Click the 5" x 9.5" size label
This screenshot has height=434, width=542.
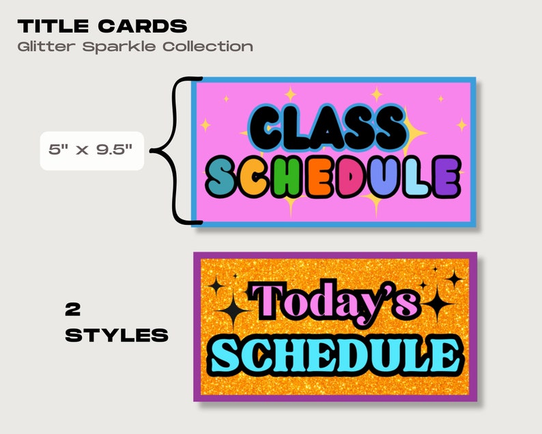click(x=91, y=150)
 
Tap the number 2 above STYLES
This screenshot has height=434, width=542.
click(x=74, y=309)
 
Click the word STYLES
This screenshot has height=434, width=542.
click(x=117, y=335)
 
